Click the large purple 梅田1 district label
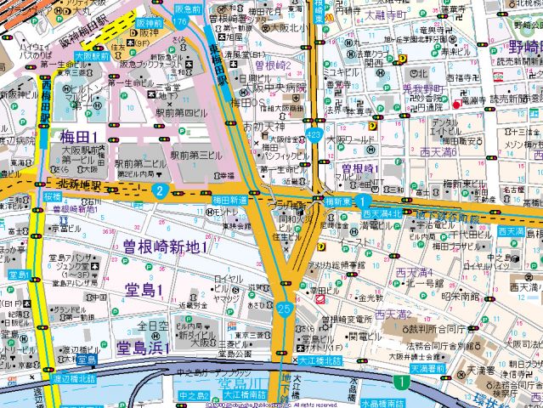pos(77,136)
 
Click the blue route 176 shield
pos(180,20)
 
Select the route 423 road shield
pos(314,134)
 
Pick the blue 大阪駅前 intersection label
pos(88,54)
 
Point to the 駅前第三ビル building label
pos(201,156)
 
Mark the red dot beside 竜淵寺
pos(456,104)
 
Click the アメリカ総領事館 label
pos(335,265)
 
